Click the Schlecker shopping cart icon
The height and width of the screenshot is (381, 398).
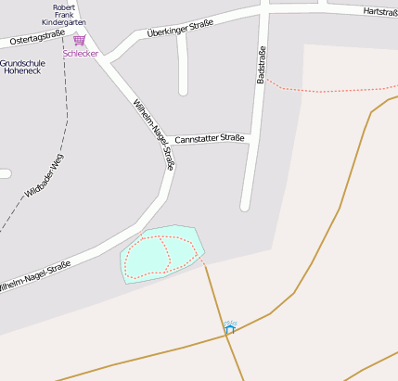[79, 41]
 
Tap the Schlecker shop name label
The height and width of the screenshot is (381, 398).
[80, 54]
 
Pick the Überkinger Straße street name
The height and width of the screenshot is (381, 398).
[180, 28]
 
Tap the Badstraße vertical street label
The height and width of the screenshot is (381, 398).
[262, 65]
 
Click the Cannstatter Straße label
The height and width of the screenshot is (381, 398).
[209, 138]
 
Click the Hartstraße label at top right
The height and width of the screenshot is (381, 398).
[380, 12]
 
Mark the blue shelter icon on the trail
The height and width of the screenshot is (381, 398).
[229, 328]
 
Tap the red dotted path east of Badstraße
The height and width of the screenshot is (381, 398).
[325, 91]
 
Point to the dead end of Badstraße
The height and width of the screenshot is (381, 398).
[246, 206]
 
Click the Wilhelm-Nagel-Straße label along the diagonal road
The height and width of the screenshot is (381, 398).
[153, 134]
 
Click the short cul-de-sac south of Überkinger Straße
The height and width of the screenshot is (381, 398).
[183, 90]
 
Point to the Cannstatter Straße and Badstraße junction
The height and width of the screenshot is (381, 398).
[251, 138]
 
